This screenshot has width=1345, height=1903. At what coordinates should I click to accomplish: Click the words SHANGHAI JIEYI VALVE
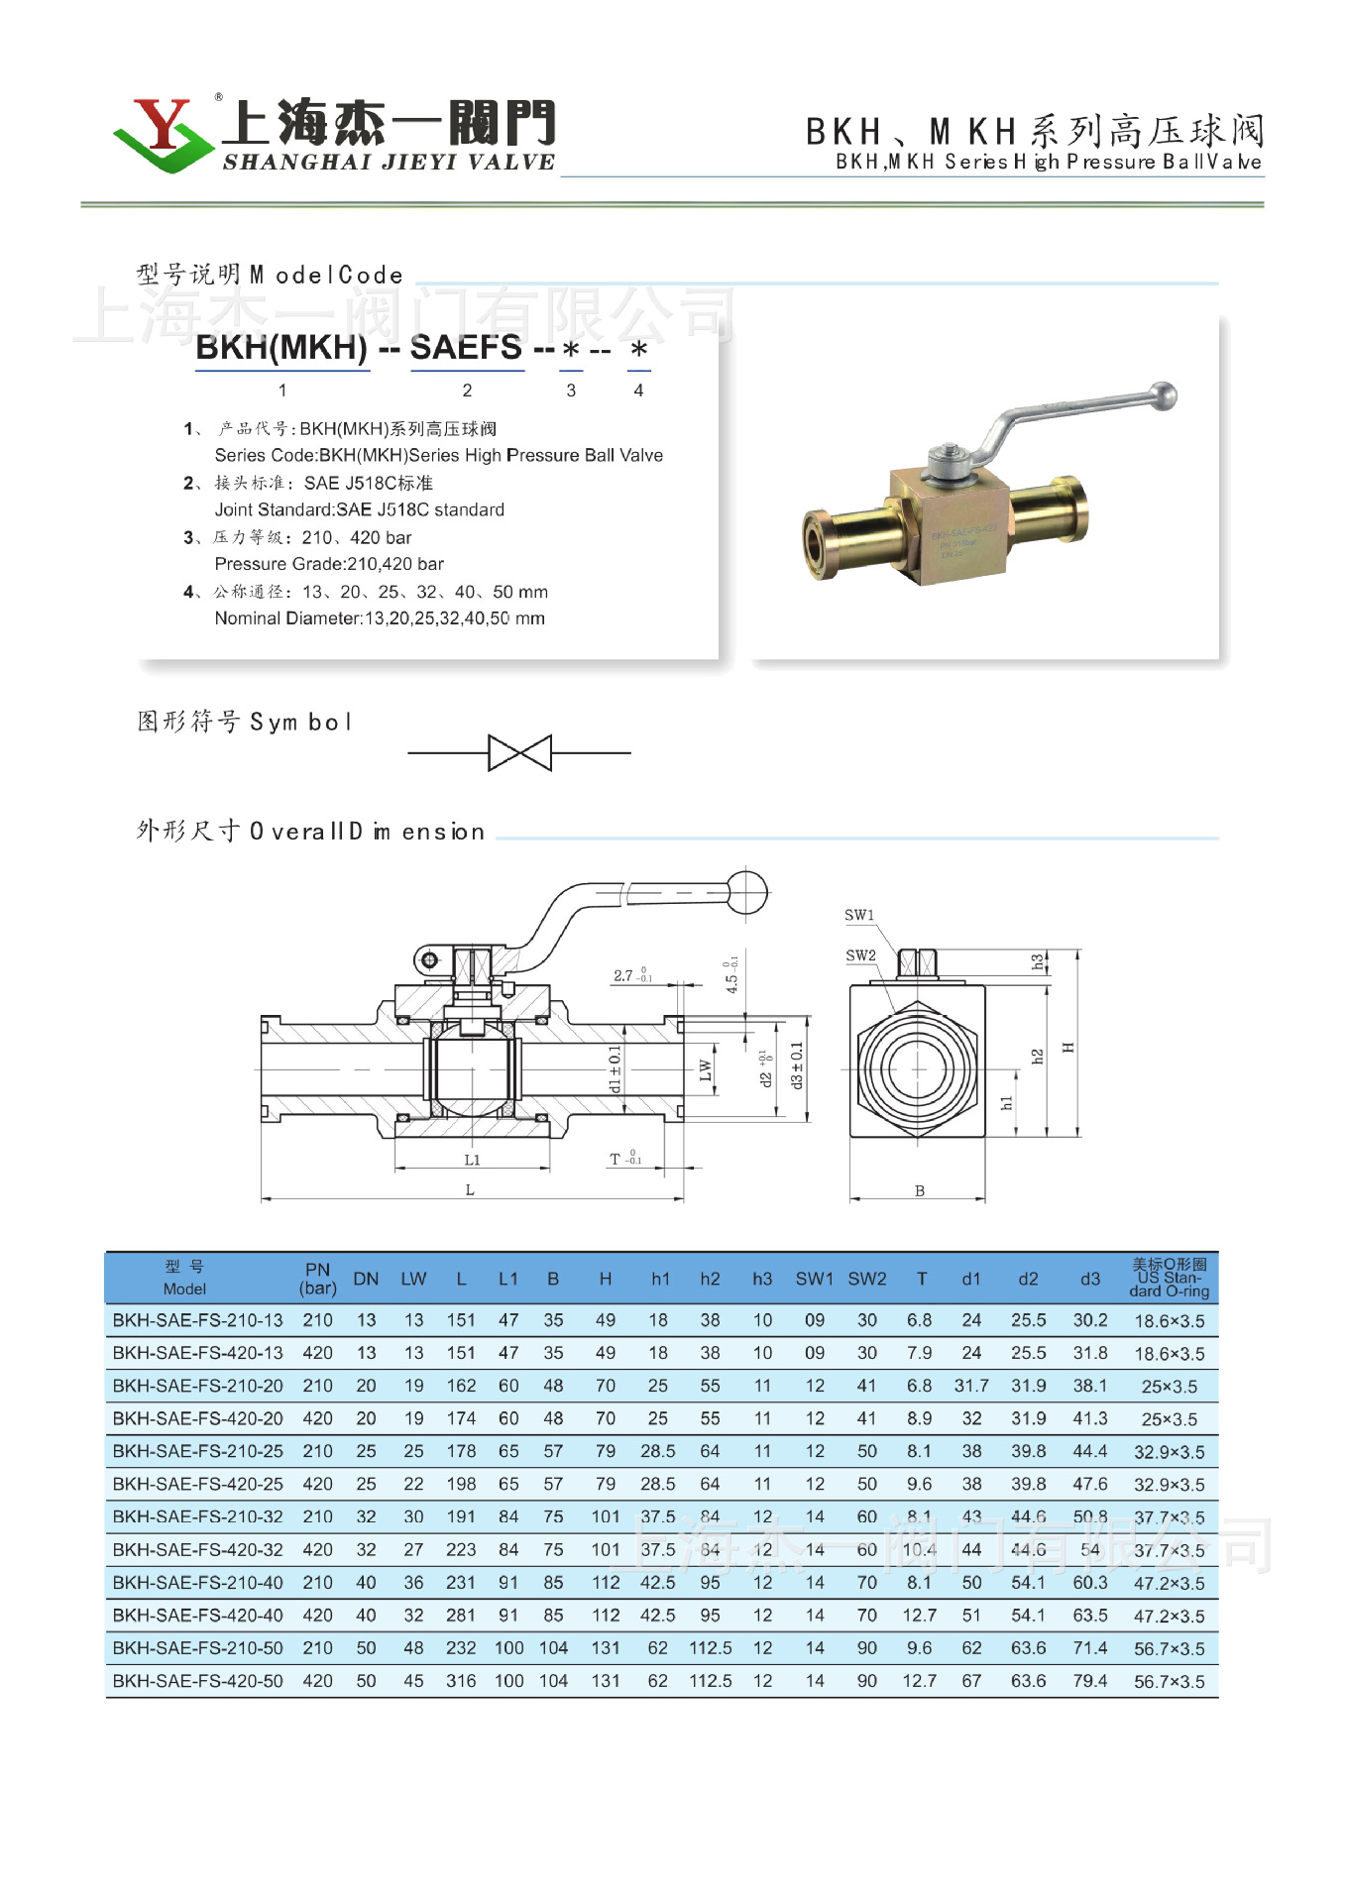[x=389, y=163]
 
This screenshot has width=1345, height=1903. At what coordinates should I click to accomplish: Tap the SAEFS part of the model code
[x=466, y=348]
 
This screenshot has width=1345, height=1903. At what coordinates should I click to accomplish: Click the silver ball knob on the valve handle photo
[x=1164, y=395]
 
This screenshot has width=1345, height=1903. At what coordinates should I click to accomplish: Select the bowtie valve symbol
[x=519, y=753]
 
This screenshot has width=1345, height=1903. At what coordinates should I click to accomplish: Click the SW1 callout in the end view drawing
[x=858, y=915]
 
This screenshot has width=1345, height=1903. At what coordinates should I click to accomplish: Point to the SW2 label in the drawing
[x=860, y=955]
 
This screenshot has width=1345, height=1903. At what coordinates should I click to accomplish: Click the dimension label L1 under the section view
[x=472, y=1160]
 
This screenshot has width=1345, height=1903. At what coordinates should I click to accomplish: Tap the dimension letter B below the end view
[x=919, y=1190]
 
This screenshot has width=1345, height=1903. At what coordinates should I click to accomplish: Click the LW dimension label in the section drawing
[x=705, y=1070]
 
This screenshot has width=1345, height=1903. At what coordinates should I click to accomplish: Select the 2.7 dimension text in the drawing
[x=623, y=975]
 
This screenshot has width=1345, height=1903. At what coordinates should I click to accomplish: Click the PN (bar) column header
[x=317, y=1279]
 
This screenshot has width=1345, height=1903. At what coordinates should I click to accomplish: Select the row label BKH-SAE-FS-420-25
[x=198, y=1484]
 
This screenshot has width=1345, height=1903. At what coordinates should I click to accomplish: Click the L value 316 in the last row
[x=461, y=1681]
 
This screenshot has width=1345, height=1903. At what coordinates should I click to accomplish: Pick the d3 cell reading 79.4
[x=1089, y=1681]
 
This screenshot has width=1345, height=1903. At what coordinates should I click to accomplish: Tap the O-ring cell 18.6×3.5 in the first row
[x=1169, y=1321]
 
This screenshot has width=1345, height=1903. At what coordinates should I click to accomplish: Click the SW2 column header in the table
[x=866, y=1279]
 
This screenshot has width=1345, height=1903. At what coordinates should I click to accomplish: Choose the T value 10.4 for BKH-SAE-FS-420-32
[x=919, y=1549]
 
